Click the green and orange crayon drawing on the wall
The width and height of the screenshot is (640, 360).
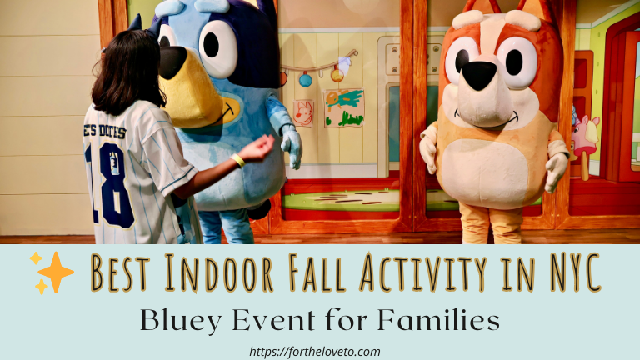(x=343, y=108)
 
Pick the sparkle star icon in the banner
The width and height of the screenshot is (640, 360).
(x=51, y=272)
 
